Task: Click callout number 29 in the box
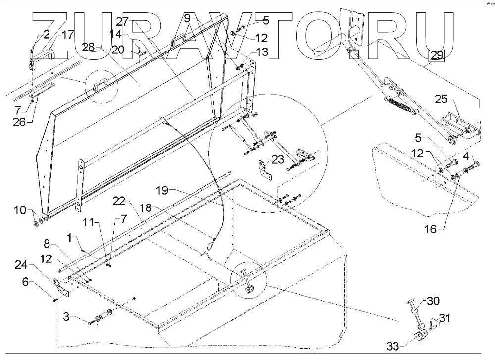(437, 56)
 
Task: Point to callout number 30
(433, 301)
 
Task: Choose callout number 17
(68, 35)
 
